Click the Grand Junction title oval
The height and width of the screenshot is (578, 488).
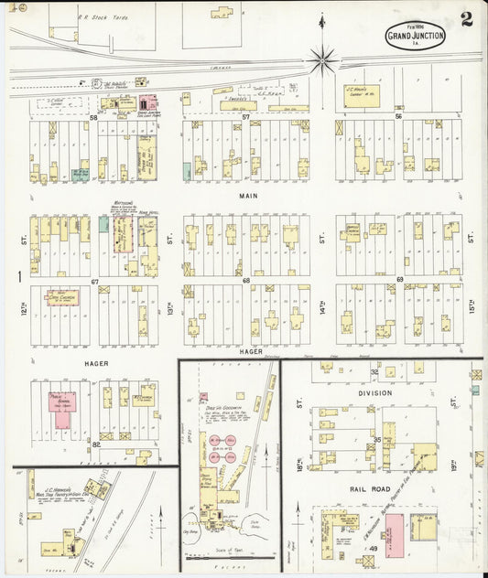(x=416, y=37)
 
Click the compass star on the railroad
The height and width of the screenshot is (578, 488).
(x=322, y=60)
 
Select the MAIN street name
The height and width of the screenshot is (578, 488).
(x=249, y=196)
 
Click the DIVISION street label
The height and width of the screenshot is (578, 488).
(x=374, y=393)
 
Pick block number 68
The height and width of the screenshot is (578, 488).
(x=246, y=280)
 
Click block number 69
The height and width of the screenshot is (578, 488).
(x=399, y=279)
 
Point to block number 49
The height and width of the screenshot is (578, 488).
(x=373, y=547)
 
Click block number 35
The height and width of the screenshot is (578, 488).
(x=376, y=440)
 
